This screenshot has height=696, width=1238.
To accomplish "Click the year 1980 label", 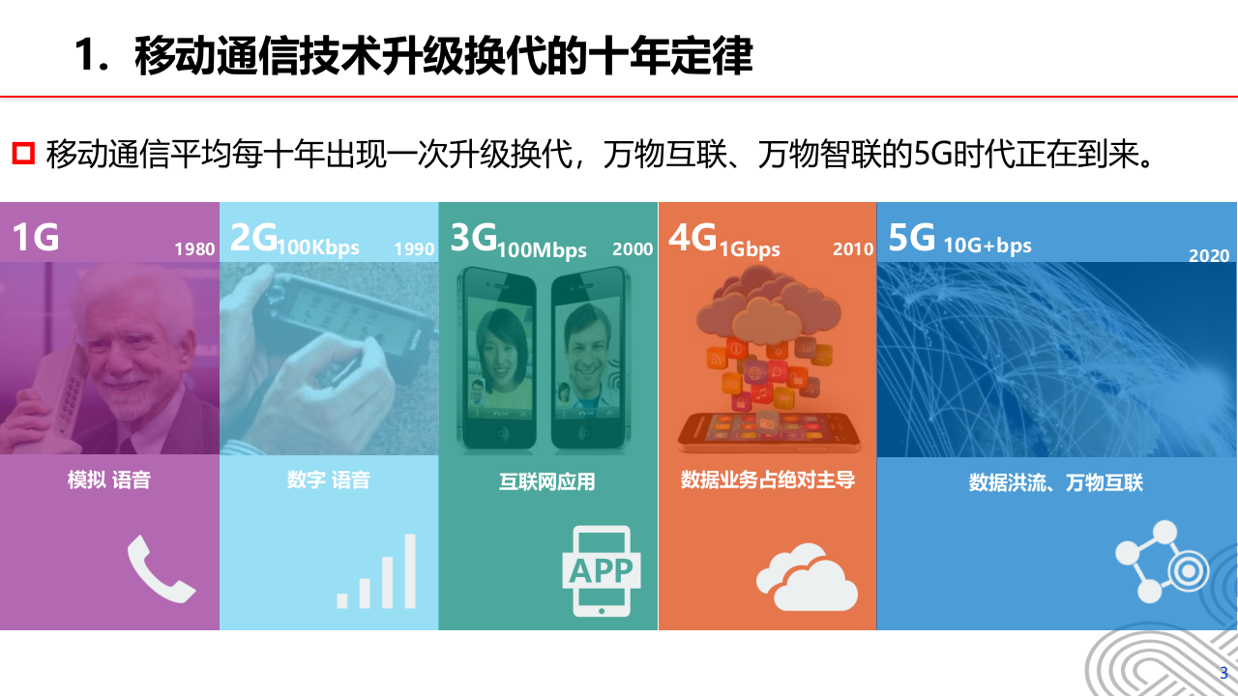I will click(194, 249).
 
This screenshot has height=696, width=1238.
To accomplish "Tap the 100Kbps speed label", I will click(318, 247).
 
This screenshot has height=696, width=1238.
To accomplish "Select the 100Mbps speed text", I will click(543, 250).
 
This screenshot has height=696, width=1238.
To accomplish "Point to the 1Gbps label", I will click(750, 249).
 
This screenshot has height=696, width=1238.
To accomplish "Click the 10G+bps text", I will click(987, 246).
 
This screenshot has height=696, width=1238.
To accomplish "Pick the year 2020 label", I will click(1209, 256).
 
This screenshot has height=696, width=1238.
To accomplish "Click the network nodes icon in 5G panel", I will click(1162, 562).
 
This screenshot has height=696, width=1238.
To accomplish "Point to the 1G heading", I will click(35, 238).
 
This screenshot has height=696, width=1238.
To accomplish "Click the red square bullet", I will click(23, 153).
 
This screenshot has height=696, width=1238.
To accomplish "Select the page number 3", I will click(1223, 673).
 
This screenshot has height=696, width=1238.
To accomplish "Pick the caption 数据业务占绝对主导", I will click(768, 479).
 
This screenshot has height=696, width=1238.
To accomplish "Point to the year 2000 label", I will click(633, 249).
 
